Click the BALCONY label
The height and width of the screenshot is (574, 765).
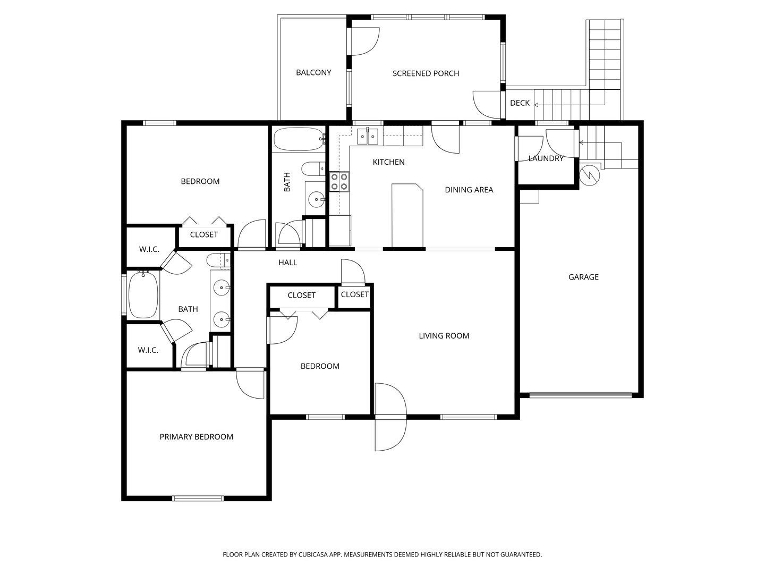pos(313,72)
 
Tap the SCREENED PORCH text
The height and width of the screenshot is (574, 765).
pos(426,73)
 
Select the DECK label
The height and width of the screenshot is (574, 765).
pos(520,103)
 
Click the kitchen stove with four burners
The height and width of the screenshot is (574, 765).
pos(339,182)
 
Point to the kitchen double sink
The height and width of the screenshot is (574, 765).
pos(367,137)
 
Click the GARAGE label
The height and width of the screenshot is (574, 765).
pos(583,277)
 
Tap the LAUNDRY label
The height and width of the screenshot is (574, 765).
pos(546,158)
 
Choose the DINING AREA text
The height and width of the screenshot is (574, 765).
pos(469,190)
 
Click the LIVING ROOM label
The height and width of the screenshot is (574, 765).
pos(444,335)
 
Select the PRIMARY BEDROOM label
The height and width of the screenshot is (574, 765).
pos(196,437)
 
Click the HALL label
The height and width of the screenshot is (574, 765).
pos(287,263)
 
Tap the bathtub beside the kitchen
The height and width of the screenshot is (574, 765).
pos(299,139)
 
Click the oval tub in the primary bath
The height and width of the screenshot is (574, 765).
pos(143,295)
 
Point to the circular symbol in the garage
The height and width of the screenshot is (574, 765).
pos(589,175)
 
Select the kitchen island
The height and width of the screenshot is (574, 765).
pos(407,216)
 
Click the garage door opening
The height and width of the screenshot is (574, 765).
pos(580,395)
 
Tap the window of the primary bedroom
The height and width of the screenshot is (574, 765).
pos(198,499)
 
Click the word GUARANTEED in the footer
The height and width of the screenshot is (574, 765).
pos(521,554)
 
